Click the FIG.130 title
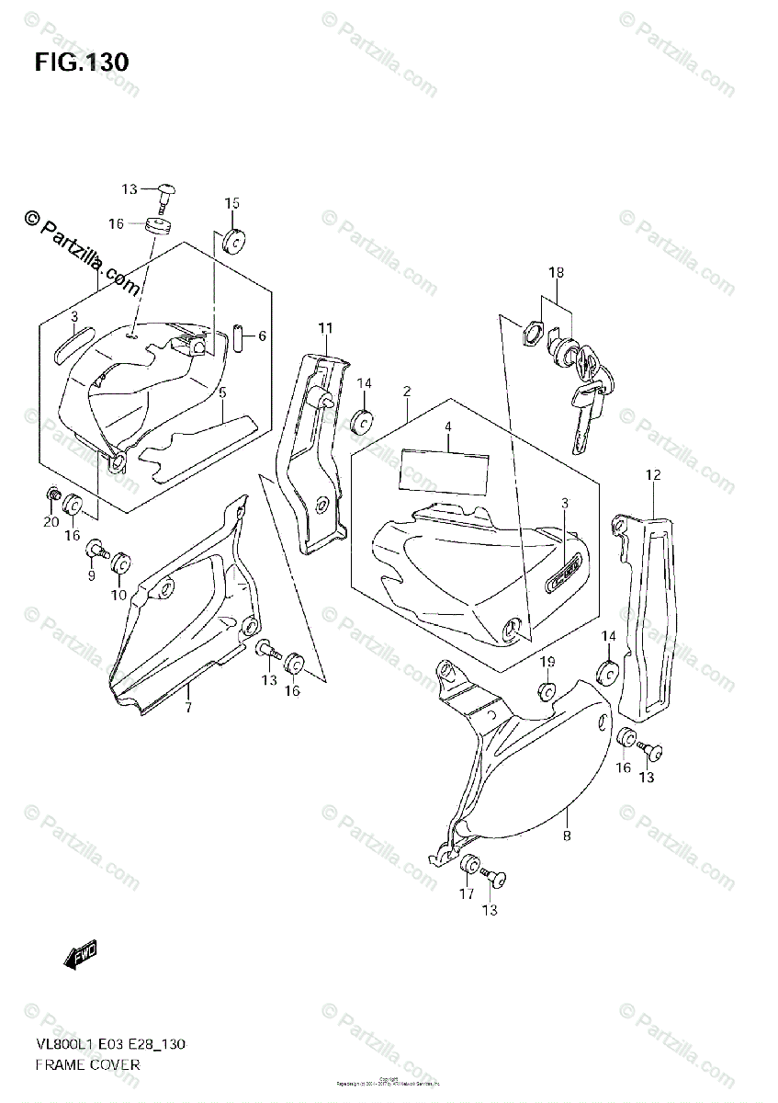point(82,63)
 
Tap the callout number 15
point(231,203)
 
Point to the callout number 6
point(262,336)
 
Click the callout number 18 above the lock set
point(557,273)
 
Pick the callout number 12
point(653,475)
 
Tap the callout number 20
point(51,522)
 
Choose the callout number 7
point(187,707)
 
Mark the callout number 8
point(567,836)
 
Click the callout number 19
point(547,663)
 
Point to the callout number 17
point(467,893)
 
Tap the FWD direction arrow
point(81,957)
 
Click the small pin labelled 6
point(237,337)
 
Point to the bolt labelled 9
point(96,551)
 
